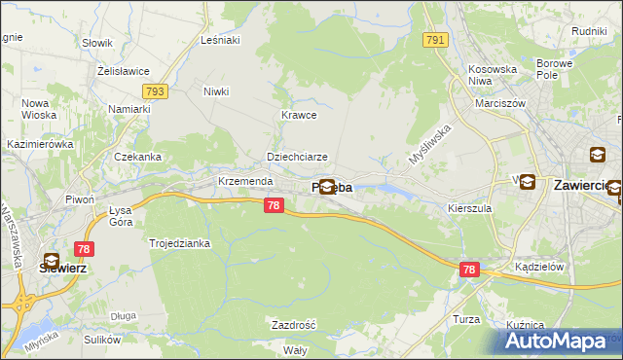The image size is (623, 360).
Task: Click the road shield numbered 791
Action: coord(434,40)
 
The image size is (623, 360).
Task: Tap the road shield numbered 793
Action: coord(154,90)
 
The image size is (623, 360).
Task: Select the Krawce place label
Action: coord(299,115)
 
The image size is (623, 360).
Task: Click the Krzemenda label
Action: coord(244,182)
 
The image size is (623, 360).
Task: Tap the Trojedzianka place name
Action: coord(179,243)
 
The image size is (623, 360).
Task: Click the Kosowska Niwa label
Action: coord(493,75)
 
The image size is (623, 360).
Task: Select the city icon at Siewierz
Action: coord(52,261)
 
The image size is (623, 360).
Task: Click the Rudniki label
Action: coord(589,31)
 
